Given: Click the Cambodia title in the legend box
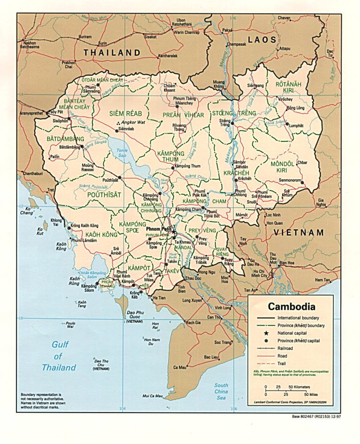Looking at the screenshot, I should (291, 307).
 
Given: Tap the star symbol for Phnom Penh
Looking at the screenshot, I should (173, 231).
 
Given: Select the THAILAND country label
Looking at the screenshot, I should (112, 53).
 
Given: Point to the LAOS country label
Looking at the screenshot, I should (262, 40).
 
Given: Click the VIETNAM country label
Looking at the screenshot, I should (299, 233).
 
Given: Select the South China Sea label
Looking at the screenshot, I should (221, 392).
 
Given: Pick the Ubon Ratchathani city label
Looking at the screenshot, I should (181, 22).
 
